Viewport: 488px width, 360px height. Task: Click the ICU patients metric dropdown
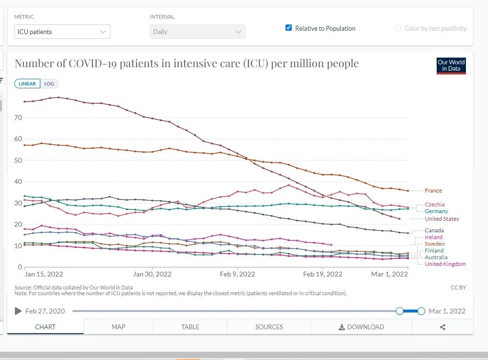(x=62, y=32)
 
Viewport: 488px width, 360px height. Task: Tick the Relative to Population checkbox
(x=288, y=28)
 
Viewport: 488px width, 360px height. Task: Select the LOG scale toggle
(x=49, y=84)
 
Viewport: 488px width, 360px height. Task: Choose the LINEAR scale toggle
(x=27, y=84)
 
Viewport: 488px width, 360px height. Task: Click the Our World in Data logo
(x=451, y=65)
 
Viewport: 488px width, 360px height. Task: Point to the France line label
(x=433, y=191)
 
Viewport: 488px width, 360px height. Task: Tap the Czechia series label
(x=434, y=204)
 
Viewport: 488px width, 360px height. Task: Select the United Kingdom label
(x=445, y=264)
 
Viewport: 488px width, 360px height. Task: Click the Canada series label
(x=434, y=230)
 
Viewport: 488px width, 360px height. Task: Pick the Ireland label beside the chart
(x=433, y=237)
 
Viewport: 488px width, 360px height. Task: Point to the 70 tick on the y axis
(x=19, y=117)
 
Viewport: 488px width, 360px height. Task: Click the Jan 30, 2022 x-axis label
(x=152, y=274)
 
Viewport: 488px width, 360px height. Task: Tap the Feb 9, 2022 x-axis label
(x=238, y=274)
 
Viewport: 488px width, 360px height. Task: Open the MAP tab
(x=118, y=327)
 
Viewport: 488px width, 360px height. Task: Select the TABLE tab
(x=190, y=327)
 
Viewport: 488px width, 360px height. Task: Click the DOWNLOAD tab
(x=361, y=327)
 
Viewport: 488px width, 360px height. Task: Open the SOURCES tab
(x=269, y=327)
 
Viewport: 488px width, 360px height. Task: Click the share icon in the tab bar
(x=442, y=327)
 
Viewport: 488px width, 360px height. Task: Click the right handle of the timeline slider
(x=421, y=311)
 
